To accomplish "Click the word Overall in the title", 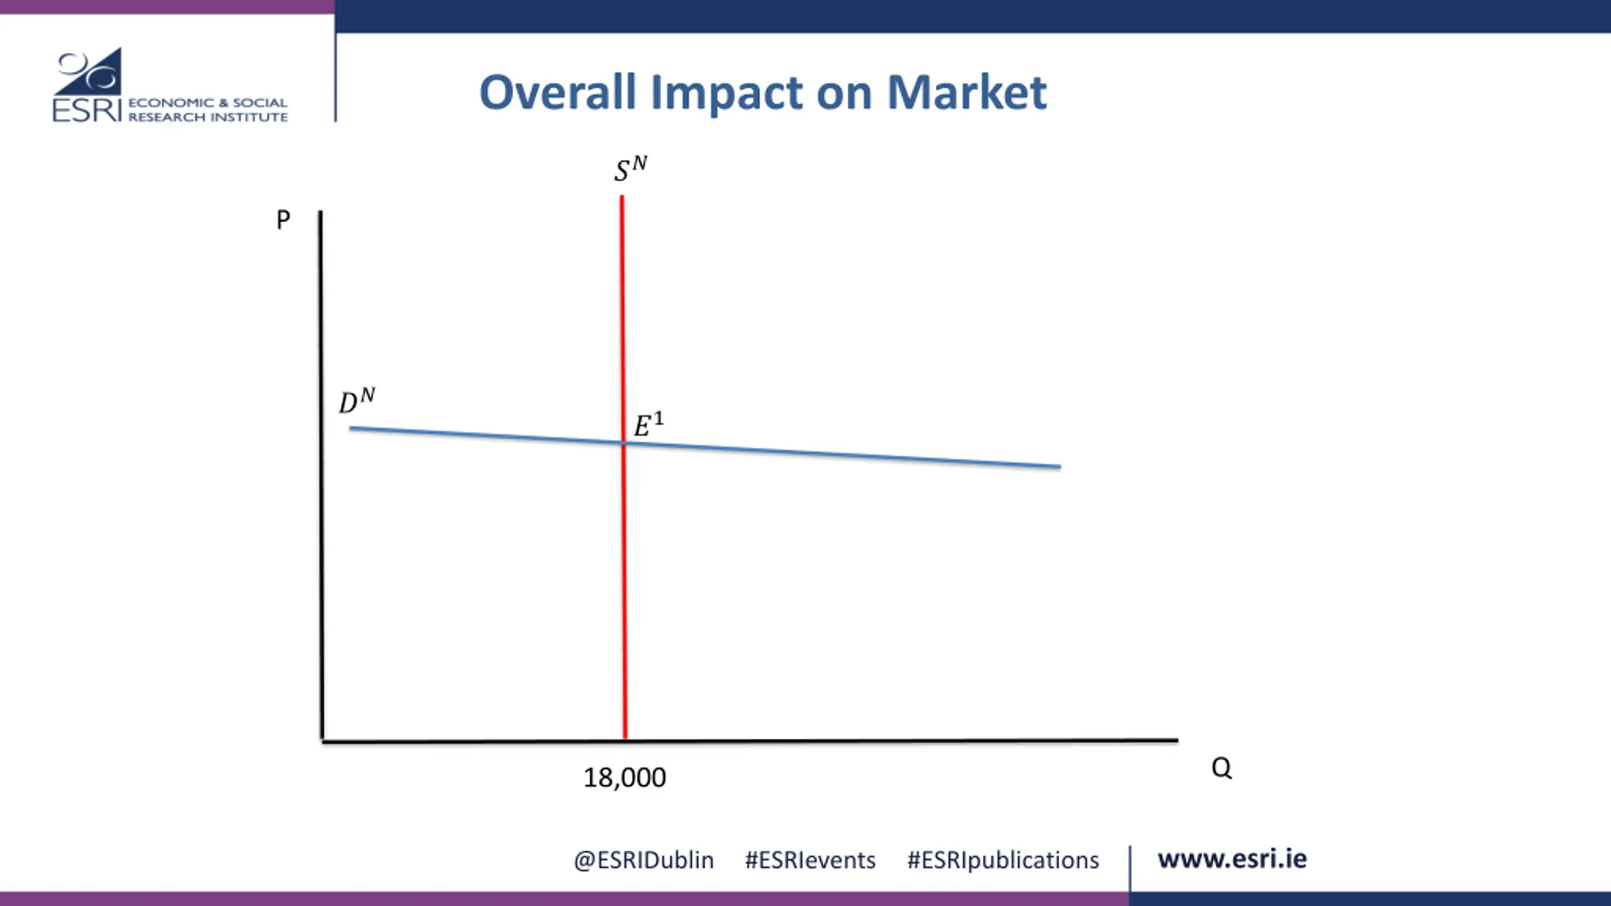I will point(558,92).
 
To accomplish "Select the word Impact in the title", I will point(726,92).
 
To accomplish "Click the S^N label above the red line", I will point(631,169).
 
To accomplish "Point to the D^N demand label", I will point(357,401).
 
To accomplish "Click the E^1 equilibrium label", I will point(648,425).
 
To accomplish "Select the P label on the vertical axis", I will point(283,220).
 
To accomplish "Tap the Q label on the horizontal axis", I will point(1221,768).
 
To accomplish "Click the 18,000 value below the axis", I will point(624,778).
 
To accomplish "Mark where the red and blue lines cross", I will point(624,444).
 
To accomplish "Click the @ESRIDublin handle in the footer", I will point(643,860).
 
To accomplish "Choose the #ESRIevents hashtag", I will point(810,860).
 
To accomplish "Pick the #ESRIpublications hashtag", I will point(1002,860).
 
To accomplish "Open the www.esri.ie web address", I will point(1232,859).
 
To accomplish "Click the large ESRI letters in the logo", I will point(86,110).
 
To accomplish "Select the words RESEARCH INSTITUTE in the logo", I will point(208,117).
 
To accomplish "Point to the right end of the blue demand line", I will point(1060,467).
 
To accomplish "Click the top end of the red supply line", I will point(622,197).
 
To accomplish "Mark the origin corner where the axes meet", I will point(322,741).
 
